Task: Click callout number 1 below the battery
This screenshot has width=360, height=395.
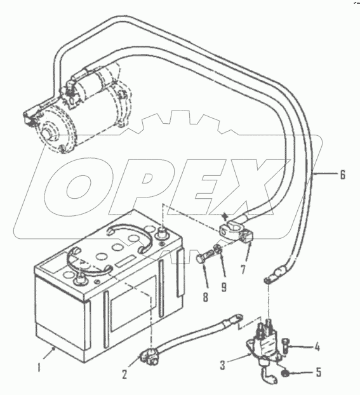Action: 39,367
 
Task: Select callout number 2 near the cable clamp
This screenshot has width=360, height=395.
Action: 124,374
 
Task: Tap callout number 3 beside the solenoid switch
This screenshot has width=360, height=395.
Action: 222,365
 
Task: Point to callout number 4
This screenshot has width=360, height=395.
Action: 317,347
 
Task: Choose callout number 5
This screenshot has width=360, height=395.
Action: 319,372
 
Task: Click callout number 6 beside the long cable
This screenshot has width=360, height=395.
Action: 342,175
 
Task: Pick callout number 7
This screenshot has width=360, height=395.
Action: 243,269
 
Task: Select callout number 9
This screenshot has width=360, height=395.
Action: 223,286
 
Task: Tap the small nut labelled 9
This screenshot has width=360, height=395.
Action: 217,249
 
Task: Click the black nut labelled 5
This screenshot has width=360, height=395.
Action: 284,373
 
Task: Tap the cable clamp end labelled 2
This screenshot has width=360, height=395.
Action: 148,356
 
